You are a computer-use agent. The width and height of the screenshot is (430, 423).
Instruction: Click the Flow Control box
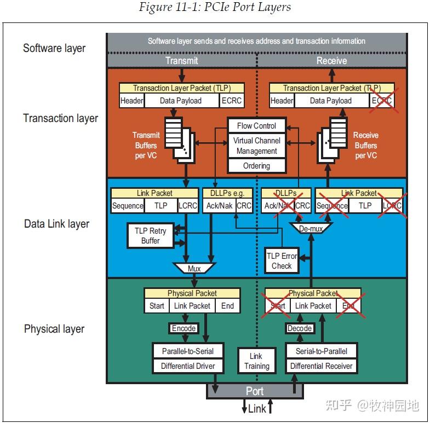257,126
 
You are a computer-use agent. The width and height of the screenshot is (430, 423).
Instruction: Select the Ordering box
257,166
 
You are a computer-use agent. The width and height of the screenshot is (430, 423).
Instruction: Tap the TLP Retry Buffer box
150,236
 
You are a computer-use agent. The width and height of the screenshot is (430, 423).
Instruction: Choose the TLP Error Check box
282,260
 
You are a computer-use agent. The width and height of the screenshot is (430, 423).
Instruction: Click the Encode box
184,328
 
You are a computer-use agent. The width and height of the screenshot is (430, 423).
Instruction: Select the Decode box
300,328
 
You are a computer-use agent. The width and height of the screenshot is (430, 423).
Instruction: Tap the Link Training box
257,361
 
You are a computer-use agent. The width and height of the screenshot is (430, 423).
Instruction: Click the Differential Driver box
188,366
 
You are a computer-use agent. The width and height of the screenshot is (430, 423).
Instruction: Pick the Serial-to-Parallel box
322,351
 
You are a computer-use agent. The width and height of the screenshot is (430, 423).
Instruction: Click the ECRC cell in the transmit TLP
232,101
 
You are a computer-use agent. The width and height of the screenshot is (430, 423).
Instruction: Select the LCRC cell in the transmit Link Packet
188,205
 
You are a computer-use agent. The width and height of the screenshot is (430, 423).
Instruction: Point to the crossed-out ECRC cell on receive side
382,101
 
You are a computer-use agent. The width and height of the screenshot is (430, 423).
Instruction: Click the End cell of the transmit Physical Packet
228,305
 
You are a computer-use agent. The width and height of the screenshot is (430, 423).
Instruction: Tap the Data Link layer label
57,224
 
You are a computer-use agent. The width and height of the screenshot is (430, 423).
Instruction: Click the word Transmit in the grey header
181,61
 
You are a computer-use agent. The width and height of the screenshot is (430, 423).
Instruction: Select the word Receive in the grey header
331,61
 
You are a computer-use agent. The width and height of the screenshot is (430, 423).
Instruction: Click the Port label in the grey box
255,391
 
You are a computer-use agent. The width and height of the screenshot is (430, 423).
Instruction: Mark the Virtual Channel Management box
257,146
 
